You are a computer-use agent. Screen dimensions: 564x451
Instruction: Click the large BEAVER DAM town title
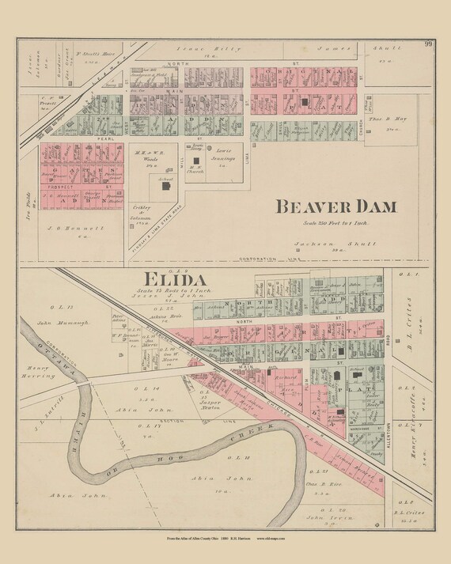coord(335,207)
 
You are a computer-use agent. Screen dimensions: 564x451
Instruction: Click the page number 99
coord(428,44)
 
